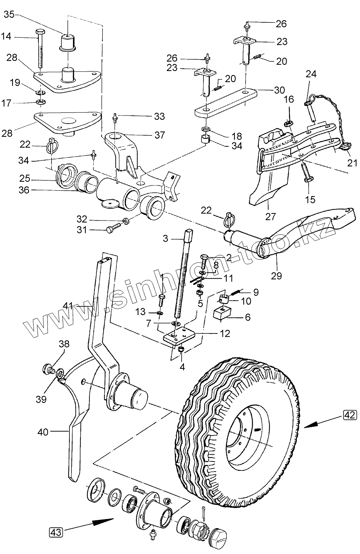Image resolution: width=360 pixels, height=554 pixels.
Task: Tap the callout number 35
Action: tap(9, 15)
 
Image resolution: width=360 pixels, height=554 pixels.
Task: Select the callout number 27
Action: tap(271, 216)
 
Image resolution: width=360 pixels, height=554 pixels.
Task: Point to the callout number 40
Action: tap(44, 432)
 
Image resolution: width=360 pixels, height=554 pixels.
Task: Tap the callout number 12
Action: tap(225, 333)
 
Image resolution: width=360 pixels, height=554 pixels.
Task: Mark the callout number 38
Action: tap(64, 344)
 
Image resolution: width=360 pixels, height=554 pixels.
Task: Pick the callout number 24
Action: tap(311, 74)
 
